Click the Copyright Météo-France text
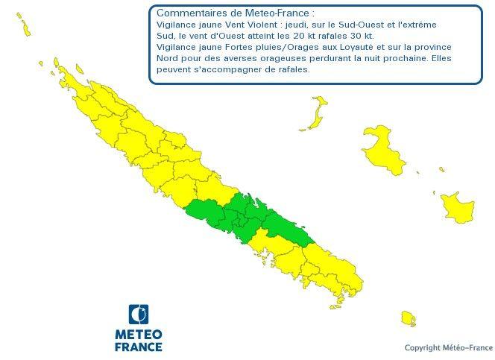tap(448, 348)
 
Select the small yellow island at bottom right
tap(407, 319)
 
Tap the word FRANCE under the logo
tap(138, 347)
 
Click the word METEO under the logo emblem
tap(138, 334)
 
